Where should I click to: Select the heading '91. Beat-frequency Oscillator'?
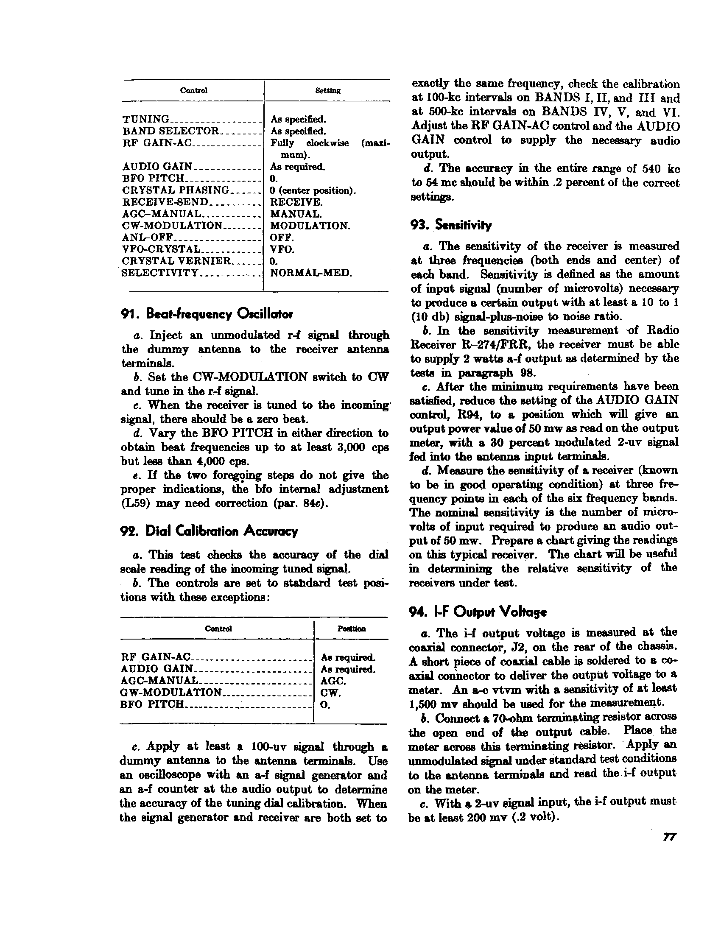point(207,315)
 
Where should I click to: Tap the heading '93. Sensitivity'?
point(450,225)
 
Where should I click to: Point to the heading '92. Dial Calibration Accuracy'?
point(209,531)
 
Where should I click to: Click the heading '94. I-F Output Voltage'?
point(478,612)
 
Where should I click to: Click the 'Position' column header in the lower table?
point(350,629)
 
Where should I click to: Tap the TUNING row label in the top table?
point(145,119)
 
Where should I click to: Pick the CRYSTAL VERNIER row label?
point(176,261)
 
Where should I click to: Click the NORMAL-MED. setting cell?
point(311,273)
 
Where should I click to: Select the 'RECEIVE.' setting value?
point(296,202)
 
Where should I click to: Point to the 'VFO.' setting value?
point(282,249)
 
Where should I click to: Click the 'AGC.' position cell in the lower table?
point(333,681)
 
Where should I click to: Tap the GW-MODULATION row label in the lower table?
point(171,693)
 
